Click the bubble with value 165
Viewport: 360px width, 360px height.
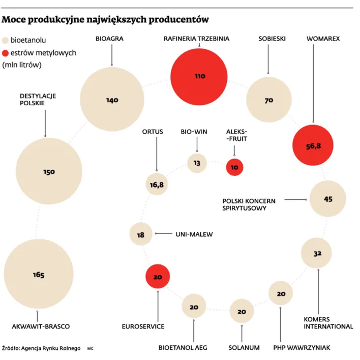click(39, 275)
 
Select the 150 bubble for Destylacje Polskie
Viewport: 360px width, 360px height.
click(49, 172)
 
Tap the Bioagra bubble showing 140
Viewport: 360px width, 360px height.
click(112, 100)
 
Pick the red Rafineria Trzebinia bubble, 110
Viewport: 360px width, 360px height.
click(199, 76)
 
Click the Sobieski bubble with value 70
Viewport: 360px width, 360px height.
click(268, 100)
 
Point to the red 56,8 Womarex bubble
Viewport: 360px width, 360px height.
click(313, 145)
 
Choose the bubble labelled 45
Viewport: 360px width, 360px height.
click(327, 199)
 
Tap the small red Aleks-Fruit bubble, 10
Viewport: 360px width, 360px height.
click(234, 167)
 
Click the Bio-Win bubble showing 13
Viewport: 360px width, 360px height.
click(197, 163)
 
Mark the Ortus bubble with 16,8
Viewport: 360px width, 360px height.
click(157, 185)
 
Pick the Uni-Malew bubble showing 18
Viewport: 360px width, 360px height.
click(141, 234)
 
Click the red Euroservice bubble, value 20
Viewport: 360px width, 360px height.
click(158, 277)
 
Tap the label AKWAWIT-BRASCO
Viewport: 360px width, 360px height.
click(40, 326)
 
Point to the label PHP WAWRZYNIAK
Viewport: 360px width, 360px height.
click(302, 348)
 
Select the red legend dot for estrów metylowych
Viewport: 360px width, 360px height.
click(6, 52)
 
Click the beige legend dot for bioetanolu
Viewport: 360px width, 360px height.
click(6, 39)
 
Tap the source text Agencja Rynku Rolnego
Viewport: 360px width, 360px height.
click(52, 348)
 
